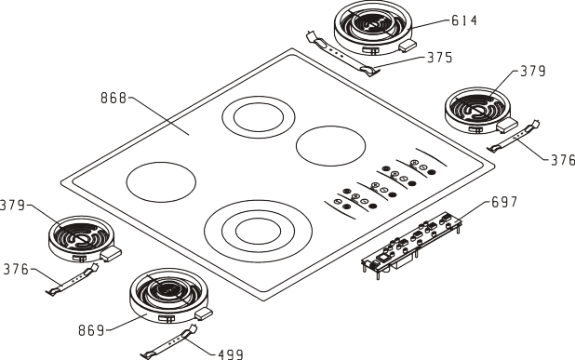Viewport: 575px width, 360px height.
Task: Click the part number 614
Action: tap(464, 20)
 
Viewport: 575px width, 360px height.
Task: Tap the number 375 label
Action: tap(440, 58)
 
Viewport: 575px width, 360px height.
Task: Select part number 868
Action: tap(114, 98)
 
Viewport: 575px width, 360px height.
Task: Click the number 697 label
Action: tap(504, 202)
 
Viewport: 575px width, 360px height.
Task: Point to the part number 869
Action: tap(91, 330)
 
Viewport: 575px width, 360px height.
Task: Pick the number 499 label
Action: tap(231, 354)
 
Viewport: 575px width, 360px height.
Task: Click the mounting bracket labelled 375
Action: tap(341, 55)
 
